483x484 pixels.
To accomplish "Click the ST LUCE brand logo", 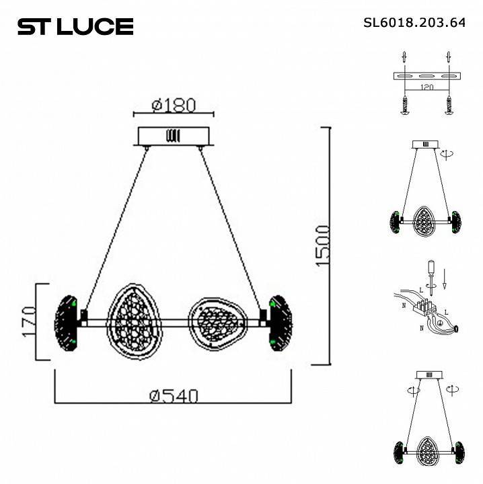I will [75, 26].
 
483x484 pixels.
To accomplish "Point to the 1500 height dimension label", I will [323, 245].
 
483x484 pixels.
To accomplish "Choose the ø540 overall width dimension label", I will [174, 396].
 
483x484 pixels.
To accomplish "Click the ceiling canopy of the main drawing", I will [174, 136].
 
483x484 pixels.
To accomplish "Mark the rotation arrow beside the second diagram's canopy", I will [445, 154].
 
